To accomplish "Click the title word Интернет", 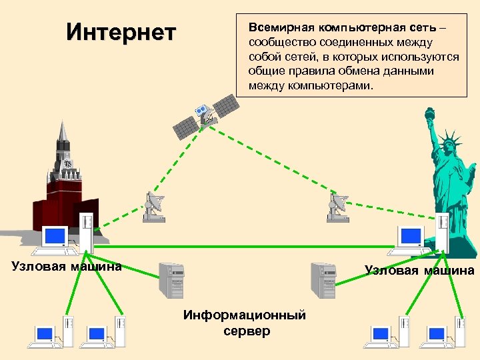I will coord(121,32).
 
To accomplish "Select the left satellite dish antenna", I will coord(154,207).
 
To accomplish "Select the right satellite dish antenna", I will coord(338,207).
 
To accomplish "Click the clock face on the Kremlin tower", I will coord(67,164).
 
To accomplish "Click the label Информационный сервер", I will coord(245,323).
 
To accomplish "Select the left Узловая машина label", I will coord(67,267).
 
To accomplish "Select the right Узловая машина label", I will coord(419,270).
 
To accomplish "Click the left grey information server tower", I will coord(171,280).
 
